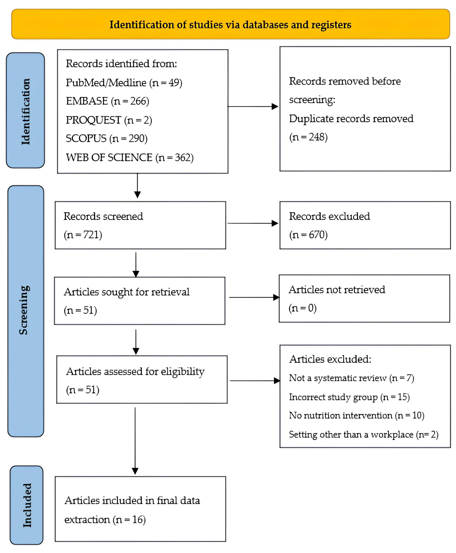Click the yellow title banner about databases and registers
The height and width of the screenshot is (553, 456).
[x=230, y=24]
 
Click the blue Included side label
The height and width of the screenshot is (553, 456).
[x=26, y=505]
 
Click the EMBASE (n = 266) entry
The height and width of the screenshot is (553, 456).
[x=107, y=101]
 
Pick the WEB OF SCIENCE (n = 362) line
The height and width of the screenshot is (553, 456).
[x=130, y=157]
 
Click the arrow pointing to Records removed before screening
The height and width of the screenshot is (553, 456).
[x=253, y=107]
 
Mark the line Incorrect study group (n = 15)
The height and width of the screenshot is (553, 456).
[x=349, y=397]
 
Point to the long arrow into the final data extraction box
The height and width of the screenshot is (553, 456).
[x=135, y=441]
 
